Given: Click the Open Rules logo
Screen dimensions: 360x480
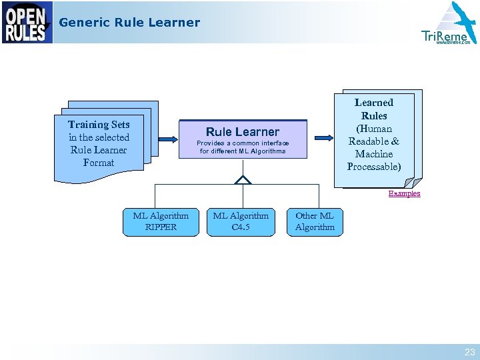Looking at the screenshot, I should [27, 23].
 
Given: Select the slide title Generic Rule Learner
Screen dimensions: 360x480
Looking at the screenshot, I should [129, 23].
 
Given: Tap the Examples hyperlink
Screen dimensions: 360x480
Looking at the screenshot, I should [404, 193].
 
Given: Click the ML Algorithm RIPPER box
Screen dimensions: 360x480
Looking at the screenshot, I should [161, 221].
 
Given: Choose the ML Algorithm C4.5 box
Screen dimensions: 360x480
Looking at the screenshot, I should [241, 221].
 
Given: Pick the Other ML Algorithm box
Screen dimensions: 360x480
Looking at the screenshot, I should [315, 221].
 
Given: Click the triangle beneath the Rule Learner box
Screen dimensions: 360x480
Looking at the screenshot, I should [243, 179].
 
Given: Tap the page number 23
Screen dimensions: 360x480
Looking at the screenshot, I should [469, 352].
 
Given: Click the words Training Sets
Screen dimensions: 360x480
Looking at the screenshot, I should [99, 125].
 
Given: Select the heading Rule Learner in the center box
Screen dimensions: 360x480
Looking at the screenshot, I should [243, 132].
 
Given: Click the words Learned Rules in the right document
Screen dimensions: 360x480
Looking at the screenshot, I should [374, 109].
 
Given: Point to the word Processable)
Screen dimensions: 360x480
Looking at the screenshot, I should [374, 167].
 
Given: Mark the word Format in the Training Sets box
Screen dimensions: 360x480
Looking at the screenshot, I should [99, 163].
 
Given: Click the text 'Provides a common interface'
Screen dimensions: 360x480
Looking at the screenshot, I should [243, 143].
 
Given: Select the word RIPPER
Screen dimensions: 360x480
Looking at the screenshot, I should [161, 227].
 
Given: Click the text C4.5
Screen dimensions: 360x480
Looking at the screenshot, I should [241, 227].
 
